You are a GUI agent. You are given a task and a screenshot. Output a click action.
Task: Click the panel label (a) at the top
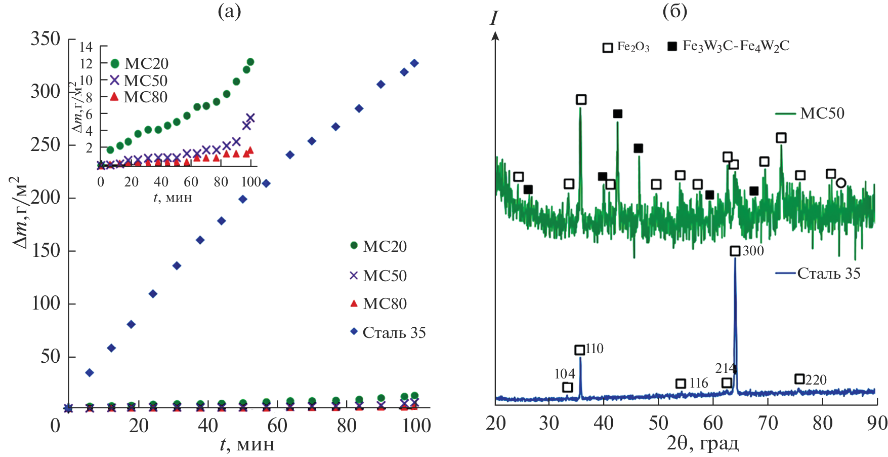[x=229, y=11]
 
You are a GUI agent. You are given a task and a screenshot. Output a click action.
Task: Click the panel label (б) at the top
[x=675, y=11]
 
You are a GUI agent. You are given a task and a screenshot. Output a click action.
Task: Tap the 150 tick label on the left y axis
[x=46, y=250]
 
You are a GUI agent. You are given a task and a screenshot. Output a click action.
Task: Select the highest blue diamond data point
[x=414, y=63]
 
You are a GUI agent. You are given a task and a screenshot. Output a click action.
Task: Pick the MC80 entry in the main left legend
[x=384, y=303]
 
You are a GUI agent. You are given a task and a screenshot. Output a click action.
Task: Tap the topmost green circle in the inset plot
[x=250, y=62]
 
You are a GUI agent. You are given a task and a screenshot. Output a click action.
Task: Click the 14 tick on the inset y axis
[x=86, y=47]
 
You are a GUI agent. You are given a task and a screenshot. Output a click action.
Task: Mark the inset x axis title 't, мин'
[x=173, y=197]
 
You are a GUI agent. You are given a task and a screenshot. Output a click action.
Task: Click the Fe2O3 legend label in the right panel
[x=632, y=47]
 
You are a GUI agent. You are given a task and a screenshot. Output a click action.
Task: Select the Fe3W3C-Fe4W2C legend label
[x=736, y=46]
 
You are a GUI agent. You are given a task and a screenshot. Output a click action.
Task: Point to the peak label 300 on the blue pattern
[x=753, y=250]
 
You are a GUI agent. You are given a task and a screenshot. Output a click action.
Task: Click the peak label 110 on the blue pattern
[x=594, y=349]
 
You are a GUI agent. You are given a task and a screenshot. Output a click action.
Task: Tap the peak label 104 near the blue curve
[x=565, y=374]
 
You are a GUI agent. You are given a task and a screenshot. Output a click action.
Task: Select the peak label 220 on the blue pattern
[x=816, y=379]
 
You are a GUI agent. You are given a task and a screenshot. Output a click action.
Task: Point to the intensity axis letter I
[x=493, y=19]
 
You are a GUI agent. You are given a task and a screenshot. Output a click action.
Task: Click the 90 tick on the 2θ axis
[x=877, y=423]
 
